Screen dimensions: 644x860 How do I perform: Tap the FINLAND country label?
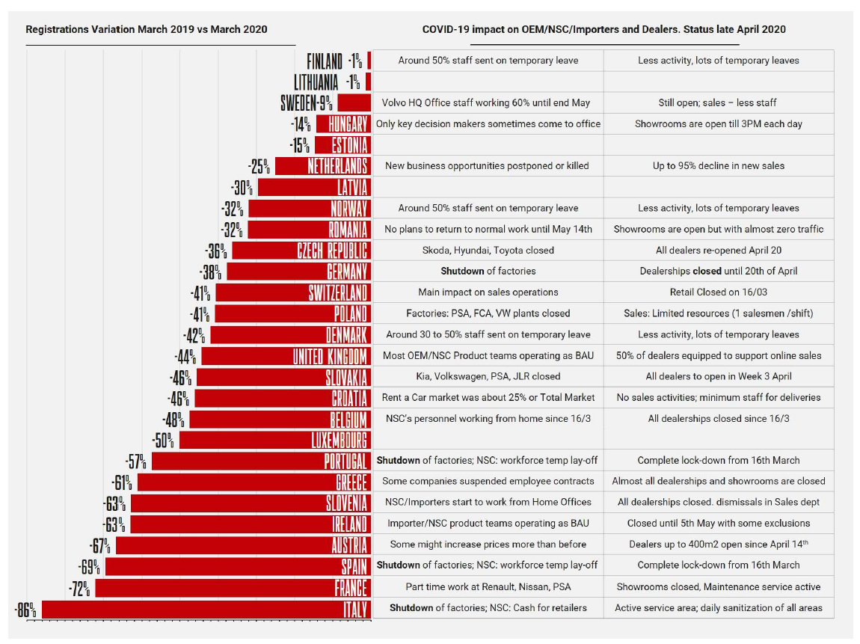325,61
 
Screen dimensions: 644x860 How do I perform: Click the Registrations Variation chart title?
147,29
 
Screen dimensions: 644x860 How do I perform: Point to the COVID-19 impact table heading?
603,29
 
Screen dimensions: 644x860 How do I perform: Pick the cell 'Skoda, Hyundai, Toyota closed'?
488,250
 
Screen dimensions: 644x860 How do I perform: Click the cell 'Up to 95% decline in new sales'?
718,165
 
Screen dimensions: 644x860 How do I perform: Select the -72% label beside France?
80,589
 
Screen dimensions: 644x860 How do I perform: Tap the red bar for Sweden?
354,102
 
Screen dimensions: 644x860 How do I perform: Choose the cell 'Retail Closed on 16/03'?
718,292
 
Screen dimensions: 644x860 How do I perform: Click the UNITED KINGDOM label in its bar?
330,355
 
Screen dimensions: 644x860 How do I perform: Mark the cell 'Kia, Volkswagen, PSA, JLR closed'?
488,376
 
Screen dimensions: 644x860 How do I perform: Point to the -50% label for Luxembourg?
164,440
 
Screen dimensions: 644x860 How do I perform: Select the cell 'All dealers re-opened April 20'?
718,250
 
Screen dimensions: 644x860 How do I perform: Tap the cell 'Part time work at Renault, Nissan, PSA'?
488,587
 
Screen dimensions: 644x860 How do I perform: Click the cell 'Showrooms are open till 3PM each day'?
718,123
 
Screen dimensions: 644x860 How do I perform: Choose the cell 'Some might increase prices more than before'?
488,544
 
